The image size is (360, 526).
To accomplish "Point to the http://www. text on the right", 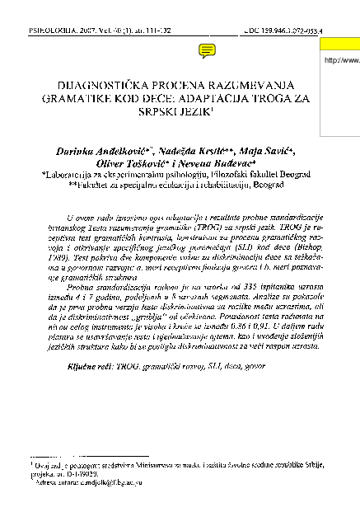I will [343, 60].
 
